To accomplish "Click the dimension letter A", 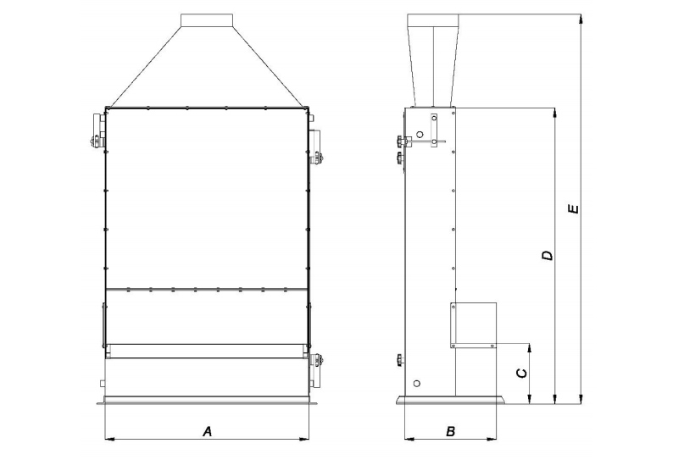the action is [208, 431].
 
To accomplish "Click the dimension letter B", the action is [450, 431].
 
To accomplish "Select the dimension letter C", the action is [521, 373].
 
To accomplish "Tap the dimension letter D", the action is [548, 255].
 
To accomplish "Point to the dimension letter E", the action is [573, 209].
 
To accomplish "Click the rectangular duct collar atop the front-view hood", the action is [207, 20].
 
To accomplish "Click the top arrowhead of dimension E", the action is [581, 19].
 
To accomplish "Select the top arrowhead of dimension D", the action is [556, 113].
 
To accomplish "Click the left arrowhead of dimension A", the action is [110, 439].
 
